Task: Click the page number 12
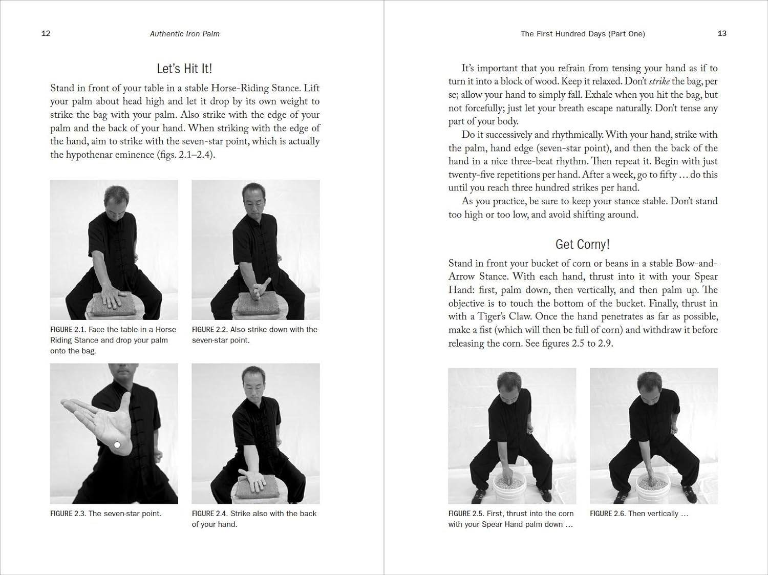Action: (x=46, y=33)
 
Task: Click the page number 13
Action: (x=722, y=33)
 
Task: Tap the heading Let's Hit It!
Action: (x=184, y=69)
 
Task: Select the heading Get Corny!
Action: (x=583, y=244)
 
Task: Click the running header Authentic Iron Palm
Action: (x=184, y=34)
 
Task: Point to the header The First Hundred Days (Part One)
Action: (x=583, y=34)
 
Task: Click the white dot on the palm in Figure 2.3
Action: (x=117, y=445)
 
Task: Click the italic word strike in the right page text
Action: (x=659, y=81)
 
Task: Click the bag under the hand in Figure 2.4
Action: (x=256, y=492)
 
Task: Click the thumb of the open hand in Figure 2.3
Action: (x=125, y=404)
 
